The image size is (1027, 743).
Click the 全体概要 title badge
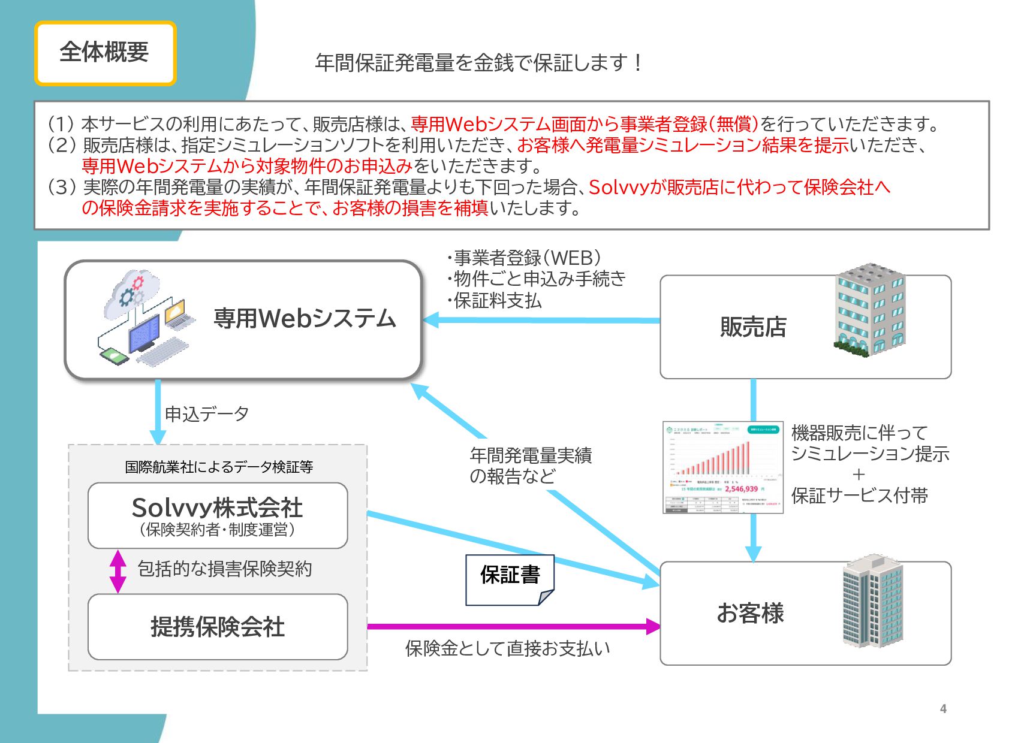(x=105, y=53)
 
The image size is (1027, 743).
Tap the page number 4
(x=943, y=709)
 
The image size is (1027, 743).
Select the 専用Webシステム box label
(x=305, y=319)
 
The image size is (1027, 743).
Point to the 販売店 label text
(x=753, y=327)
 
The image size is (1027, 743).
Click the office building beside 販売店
(x=869, y=310)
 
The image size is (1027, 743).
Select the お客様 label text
(x=750, y=613)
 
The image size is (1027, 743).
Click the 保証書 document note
(x=510, y=579)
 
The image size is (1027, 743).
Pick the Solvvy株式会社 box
(x=218, y=515)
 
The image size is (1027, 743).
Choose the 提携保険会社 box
(x=218, y=627)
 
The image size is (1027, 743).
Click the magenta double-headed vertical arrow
(x=118, y=571)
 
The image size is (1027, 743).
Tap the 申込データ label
(x=206, y=413)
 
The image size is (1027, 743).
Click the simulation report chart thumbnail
(x=722, y=467)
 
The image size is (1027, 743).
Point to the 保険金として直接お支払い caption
(x=507, y=648)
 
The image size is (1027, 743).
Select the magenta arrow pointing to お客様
(x=513, y=627)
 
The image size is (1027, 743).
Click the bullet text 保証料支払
(x=497, y=300)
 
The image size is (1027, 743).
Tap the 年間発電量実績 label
(x=531, y=455)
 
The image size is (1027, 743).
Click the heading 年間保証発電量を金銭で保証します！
(x=478, y=62)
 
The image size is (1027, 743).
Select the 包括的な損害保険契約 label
(x=225, y=569)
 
